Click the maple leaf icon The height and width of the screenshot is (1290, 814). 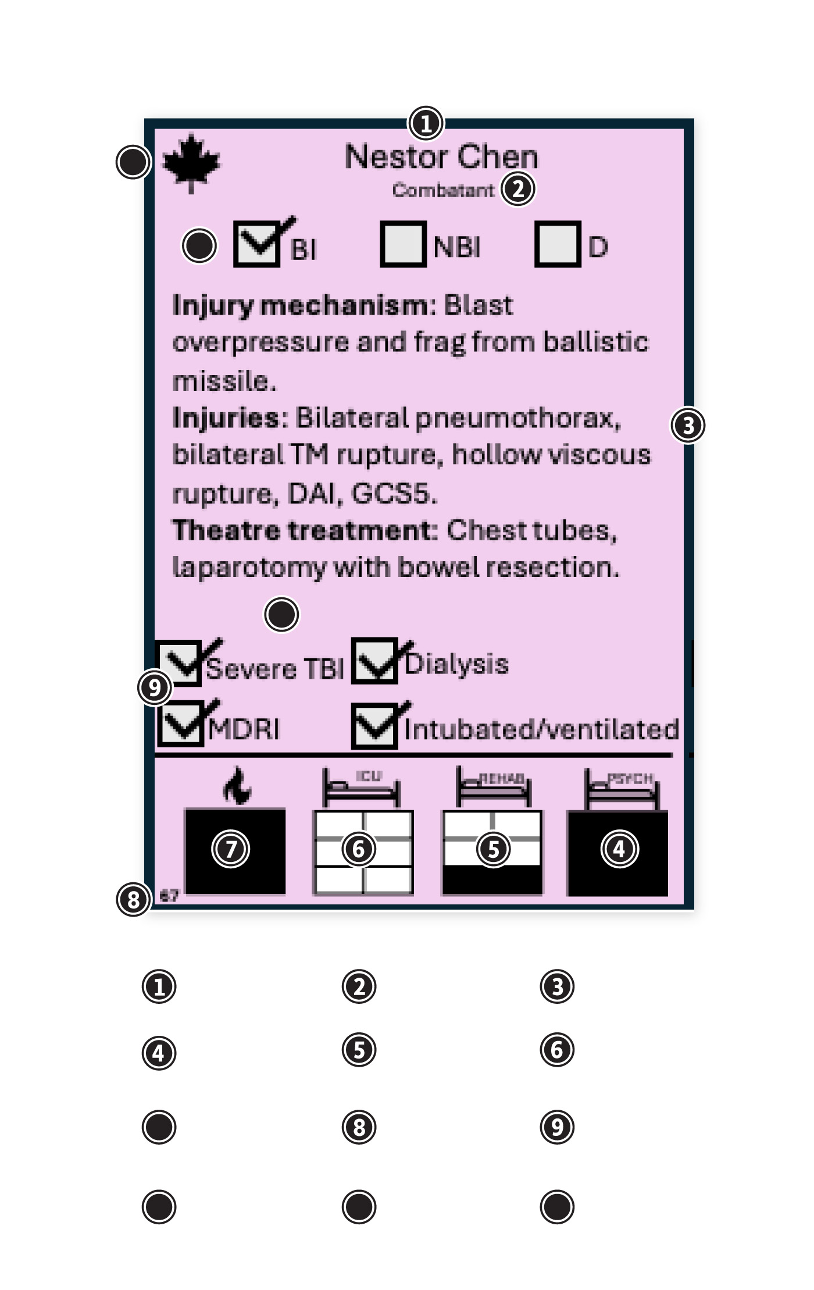(191, 163)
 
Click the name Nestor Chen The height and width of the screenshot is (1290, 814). (441, 156)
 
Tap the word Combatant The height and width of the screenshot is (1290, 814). (442, 190)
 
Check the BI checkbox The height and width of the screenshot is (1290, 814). (256, 244)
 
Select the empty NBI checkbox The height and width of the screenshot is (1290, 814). (403, 244)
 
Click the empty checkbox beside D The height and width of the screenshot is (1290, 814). (558, 244)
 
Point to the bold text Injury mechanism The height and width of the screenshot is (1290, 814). (300, 305)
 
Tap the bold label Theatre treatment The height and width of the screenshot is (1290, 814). (304, 530)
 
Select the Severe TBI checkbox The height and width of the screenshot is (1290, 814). (180, 662)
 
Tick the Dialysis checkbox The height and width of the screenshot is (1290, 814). (375, 661)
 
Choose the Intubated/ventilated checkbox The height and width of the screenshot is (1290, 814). (375, 726)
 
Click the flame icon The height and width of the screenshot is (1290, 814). (237, 786)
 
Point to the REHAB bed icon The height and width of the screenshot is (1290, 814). (494, 787)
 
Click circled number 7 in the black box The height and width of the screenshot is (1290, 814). (231, 849)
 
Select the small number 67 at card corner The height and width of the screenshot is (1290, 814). (169, 896)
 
